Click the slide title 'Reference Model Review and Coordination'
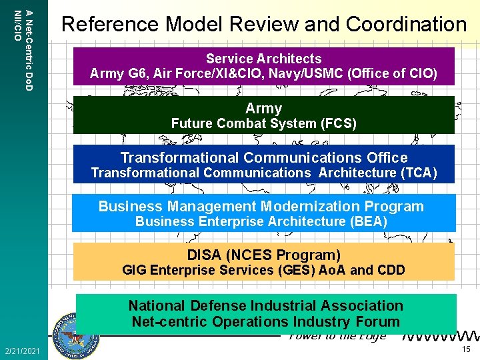[x=263, y=25]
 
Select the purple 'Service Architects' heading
[x=263, y=59]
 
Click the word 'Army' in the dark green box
[x=263, y=108]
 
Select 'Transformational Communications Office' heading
[x=263, y=157]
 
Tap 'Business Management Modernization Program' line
[x=261, y=206]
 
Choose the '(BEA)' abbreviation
[x=365, y=221]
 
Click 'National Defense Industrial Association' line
[x=265, y=305]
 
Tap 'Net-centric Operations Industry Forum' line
[x=265, y=321]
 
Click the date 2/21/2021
[x=22, y=351]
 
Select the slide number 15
[x=466, y=350]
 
